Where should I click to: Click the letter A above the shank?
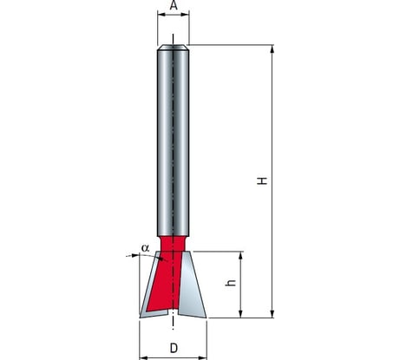click(174, 5)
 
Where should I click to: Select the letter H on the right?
click(262, 181)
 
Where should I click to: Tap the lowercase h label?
click(231, 283)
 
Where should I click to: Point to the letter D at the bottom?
click(174, 348)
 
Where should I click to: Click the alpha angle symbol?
click(146, 248)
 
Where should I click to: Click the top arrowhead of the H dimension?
click(272, 49)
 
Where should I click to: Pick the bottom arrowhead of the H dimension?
click(272, 314)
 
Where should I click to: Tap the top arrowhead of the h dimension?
click(240, 256)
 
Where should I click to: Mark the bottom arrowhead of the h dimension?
click(240, 314)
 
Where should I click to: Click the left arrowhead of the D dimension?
click(143, 357)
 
